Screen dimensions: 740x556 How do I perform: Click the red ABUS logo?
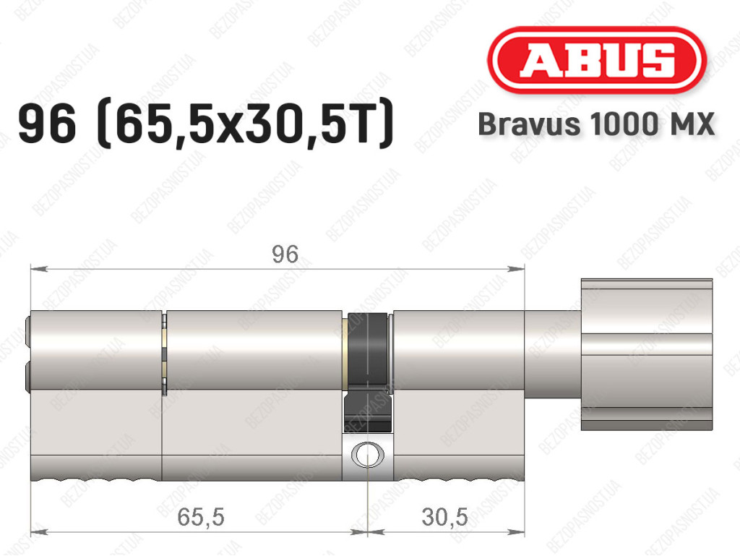coord(596,60)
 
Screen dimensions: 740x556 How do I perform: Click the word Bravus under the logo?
coord(529,124)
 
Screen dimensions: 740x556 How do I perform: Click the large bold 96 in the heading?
coord(47,124)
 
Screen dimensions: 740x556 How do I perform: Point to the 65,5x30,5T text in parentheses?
coord(244,124)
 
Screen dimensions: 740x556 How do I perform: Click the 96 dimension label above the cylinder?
coord(285,255)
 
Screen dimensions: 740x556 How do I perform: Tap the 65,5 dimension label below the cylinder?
coord(201,517)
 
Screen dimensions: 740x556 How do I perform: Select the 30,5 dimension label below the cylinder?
coord(444,517)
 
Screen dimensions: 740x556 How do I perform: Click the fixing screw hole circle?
coord(368,455)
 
